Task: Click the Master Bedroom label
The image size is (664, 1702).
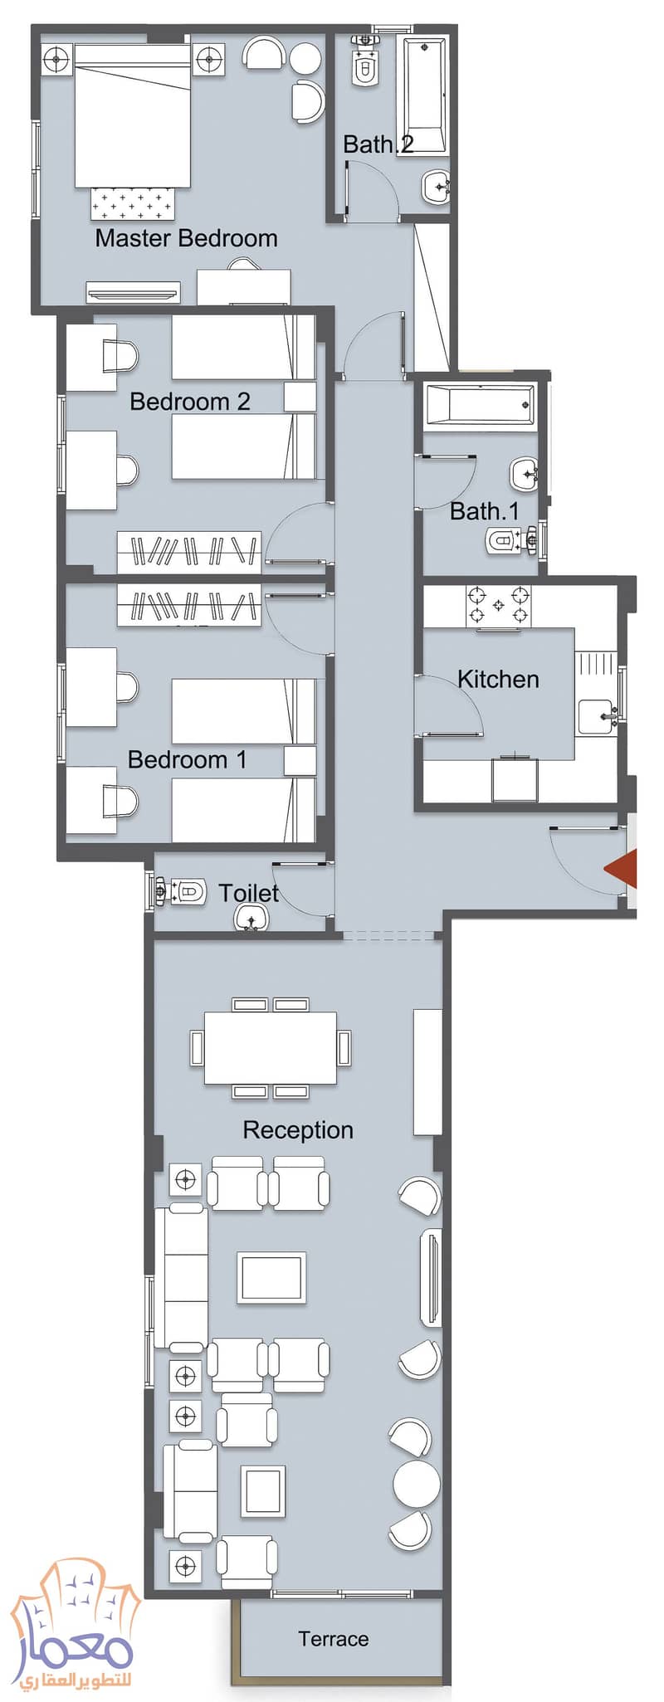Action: point(186,238)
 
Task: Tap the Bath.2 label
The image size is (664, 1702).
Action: point(378,144)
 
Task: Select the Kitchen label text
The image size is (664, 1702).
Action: point(498,679)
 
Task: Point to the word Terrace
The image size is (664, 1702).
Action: point(334,1639)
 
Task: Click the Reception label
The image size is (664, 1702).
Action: point(298,1130)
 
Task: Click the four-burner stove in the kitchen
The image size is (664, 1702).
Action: point(498,606)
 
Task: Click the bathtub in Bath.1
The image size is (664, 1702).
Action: point(480,405)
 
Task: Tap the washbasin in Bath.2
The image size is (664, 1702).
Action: point(437,188)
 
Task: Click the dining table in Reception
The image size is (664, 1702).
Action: point(271,1047)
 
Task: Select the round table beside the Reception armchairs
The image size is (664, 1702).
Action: point(417,1484)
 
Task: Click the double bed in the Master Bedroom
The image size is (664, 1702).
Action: point(133,115)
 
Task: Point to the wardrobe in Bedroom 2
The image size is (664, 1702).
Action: point(189,552)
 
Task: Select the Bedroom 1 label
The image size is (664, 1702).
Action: point(188,759)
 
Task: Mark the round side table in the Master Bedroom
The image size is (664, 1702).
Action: point(305,58)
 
